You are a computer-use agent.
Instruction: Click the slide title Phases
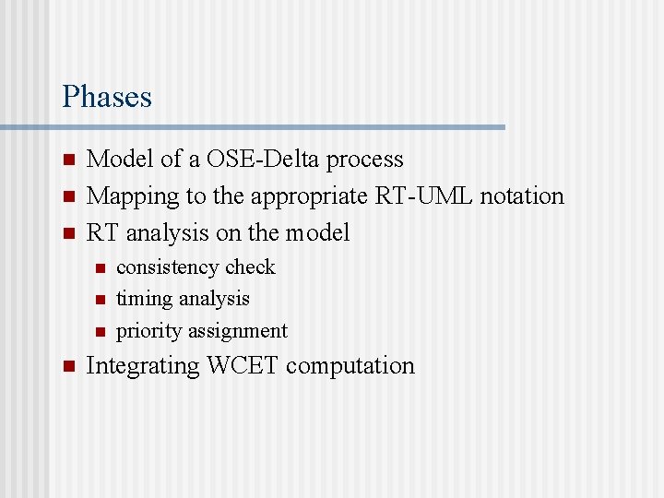[107, 97]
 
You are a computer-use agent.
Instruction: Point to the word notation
[524, 196]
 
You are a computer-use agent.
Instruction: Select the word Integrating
[142, 366]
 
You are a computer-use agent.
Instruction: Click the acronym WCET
[243, 366]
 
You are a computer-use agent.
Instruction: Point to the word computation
[350, 366]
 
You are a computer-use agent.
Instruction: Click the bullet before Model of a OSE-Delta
[67, 160]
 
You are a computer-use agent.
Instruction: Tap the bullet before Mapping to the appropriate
[67, 197]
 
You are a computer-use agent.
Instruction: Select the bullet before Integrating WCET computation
[67, 367]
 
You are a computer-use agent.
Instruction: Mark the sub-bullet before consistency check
[100, 268]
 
